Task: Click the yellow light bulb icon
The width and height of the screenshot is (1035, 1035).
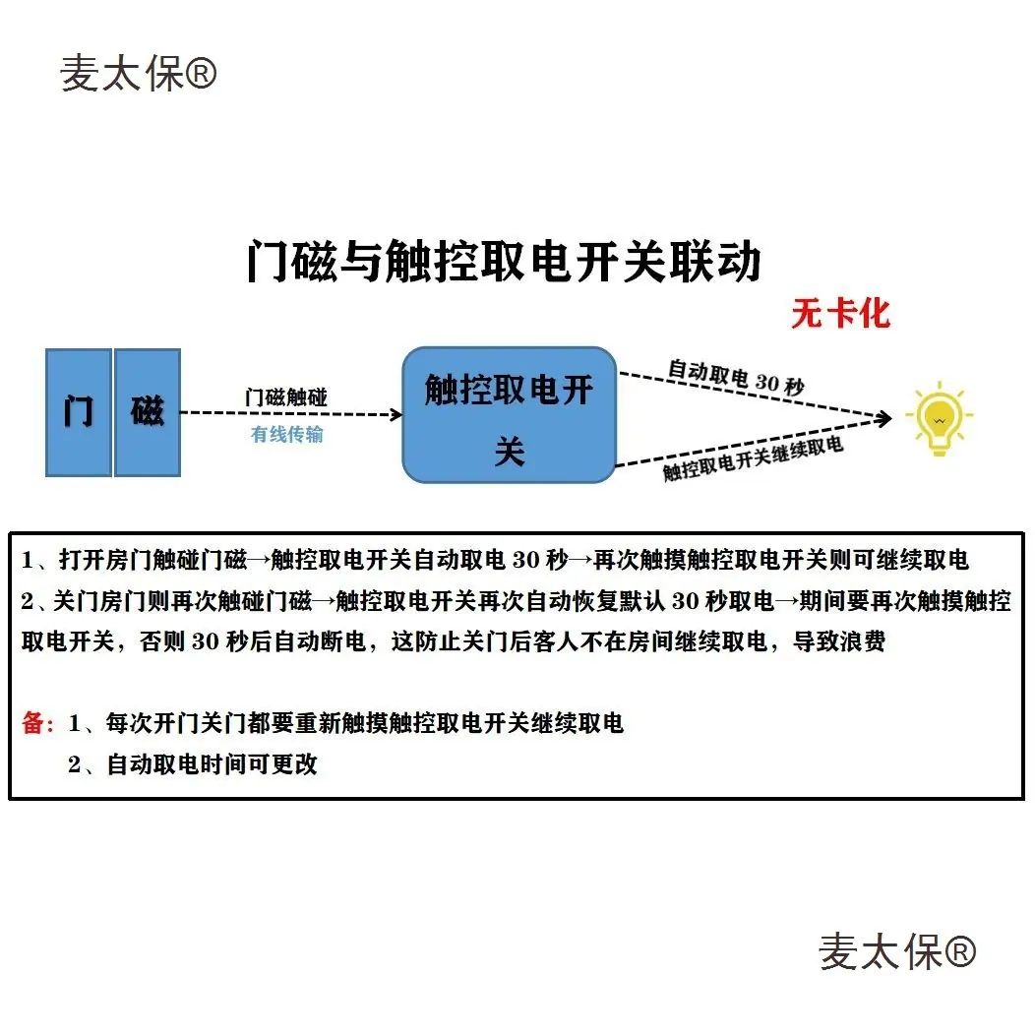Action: pos(938,418)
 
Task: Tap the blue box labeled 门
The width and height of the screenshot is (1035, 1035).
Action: pos(79,412)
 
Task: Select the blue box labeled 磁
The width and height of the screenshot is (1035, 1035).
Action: pos(148,412)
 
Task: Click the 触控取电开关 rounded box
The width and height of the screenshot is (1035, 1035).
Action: pos(509,414)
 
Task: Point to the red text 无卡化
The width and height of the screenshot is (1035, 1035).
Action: pos(840,314)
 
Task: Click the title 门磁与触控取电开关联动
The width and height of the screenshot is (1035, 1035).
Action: pos(503,263)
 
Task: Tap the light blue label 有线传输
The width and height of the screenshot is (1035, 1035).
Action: pos(287,434)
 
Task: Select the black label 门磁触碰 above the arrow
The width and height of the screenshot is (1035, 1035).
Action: pos(286,397)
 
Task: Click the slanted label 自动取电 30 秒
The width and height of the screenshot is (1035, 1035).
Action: pos(736,376)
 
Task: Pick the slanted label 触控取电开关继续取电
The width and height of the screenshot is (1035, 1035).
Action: pos(753,458)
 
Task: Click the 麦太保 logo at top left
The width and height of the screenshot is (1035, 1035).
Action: pos(138,74)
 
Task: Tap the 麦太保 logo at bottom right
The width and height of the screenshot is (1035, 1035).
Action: pos(896,951)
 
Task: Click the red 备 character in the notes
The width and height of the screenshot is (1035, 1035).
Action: pos(32,724)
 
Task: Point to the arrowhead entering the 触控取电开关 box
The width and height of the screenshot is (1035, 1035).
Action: pos(396,415)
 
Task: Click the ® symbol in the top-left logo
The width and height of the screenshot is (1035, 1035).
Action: pos(201,74)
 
